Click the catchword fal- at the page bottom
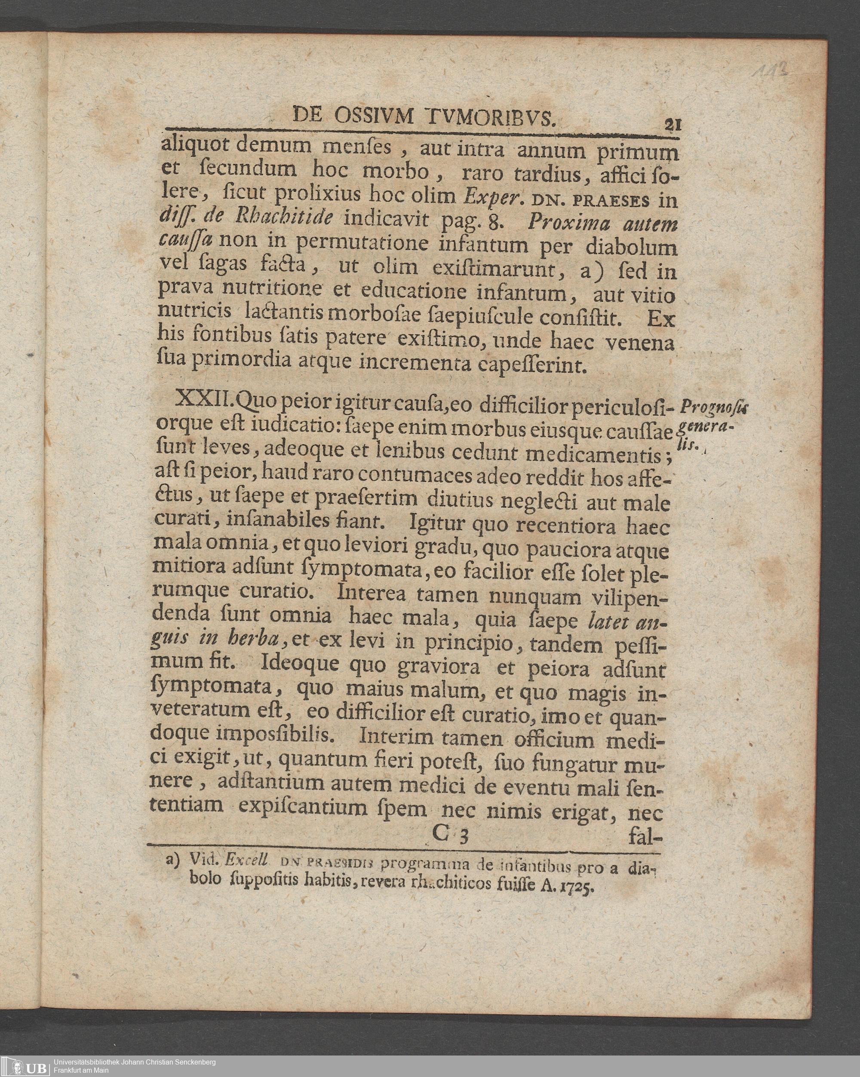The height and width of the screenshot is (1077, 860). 648,835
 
